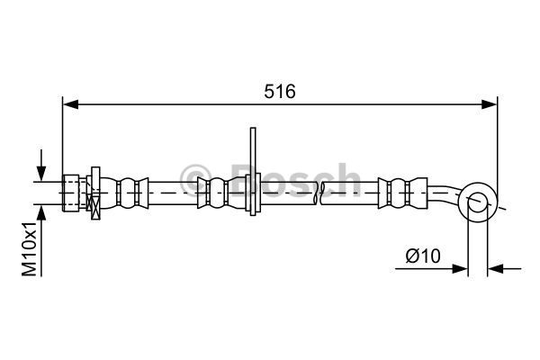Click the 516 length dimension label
click(x=280, y=92)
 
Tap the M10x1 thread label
click(x=30, y=249)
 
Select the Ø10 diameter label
click(x=423, y=256)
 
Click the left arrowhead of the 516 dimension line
click(x=70, y=104)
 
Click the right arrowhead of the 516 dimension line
click(x=490, y=104)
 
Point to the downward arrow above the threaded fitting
click(x=41, y=165)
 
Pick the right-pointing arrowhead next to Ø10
click(x=460, y=269)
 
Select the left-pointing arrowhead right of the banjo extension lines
click(x=496, y=269)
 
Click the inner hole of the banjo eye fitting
click(x=478, y=202)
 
